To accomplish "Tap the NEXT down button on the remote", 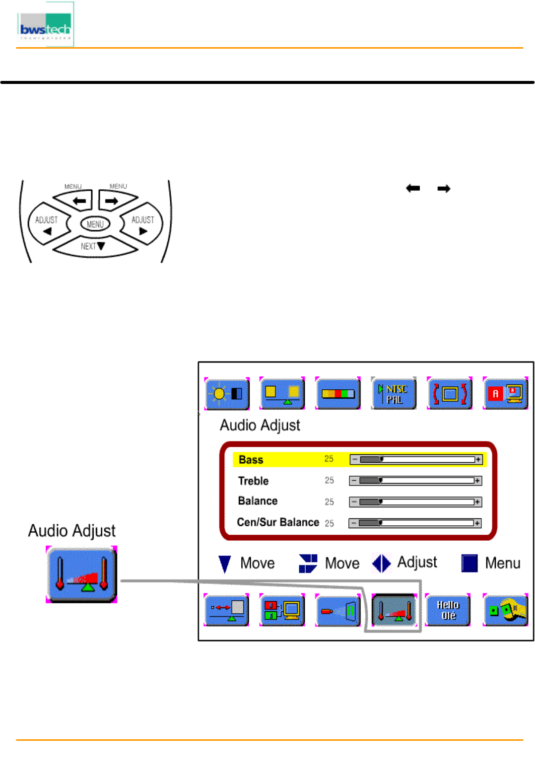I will [93, 246].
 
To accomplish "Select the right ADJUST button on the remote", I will [142, 224].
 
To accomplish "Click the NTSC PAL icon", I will [394, 394].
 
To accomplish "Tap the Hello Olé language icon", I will [448, 610].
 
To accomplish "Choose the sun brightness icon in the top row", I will [227, 394].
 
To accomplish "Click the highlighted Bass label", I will [251, 460].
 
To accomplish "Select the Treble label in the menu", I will [253, 481].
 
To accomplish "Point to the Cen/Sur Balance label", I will [278, 522].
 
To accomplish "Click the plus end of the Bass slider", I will [478, 460].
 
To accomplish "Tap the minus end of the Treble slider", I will [354, 481].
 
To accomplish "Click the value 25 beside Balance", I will [329, 502].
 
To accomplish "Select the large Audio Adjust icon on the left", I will [81, 574].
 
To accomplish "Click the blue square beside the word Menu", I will [469, 563].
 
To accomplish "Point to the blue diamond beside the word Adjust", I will [381, 563].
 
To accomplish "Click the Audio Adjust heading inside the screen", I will [260, 426].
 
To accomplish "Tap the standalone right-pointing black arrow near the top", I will [444, 189].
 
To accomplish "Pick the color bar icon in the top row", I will [338, 394].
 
